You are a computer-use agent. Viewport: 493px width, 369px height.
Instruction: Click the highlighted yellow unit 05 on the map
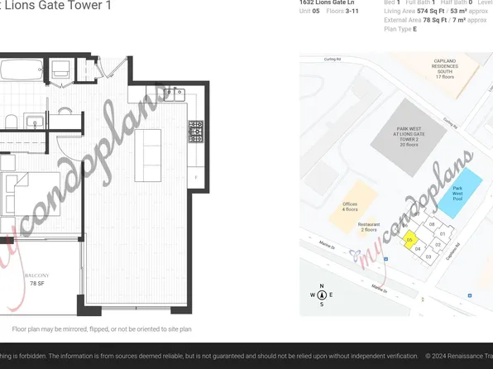click(409, 240)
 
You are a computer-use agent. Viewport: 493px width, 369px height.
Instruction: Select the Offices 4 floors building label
click(350, 207)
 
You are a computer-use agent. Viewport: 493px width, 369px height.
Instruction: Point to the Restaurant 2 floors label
click(369, 227)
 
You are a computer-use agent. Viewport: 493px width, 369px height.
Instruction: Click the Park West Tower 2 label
click(409, 137)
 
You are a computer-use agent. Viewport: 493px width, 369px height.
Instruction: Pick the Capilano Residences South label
click(445, 69)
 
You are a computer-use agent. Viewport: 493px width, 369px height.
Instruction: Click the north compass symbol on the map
click(322, 295)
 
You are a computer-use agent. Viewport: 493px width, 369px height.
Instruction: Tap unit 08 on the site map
click(432, 224)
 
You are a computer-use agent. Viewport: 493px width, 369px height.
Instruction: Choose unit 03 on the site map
click(428, 257)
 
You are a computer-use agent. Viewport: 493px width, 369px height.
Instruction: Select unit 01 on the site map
click(443, 234)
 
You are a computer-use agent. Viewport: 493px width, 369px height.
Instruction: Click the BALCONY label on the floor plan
click(37, 276)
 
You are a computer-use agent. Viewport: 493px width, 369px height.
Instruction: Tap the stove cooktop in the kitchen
click(196, 132)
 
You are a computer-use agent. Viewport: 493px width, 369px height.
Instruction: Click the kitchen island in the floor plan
click(148, 155)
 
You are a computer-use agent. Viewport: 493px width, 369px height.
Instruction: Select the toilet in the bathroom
click(12, 122)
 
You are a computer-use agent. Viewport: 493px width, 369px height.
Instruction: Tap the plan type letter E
click(415, 29)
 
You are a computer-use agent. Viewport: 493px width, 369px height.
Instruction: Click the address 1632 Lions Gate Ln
click(326, 3)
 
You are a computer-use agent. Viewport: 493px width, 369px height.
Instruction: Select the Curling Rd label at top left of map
click(333, 60)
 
